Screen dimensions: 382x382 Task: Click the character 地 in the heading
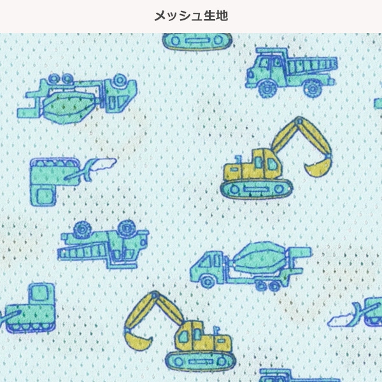pos(222,16)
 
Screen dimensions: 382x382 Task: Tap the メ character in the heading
pos(160,16)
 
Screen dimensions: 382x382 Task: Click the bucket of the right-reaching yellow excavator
pos(317,167)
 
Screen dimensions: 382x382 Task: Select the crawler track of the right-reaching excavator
pos(257,189)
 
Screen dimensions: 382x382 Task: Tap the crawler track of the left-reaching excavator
pos(201,361)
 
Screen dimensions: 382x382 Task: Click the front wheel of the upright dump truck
pos(267,88)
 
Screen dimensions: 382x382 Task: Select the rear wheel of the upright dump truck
pos(313,88)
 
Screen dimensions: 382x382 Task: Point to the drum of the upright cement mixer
pos(260,258)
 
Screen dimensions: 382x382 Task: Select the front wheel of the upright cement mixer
pos(208,281)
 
